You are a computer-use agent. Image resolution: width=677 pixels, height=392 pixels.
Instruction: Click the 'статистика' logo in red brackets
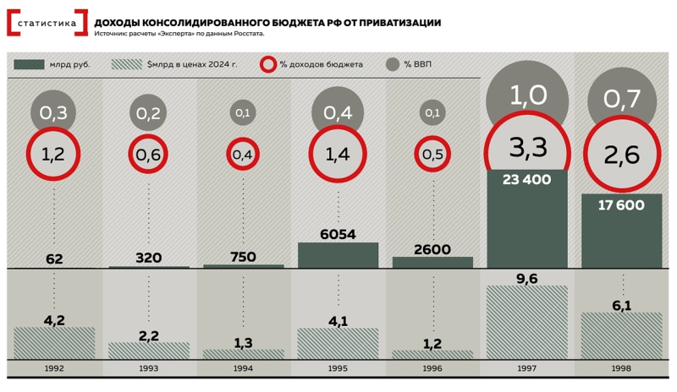click(47, 23)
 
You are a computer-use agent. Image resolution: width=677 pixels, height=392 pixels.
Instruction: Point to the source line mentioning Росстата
click(180, 34)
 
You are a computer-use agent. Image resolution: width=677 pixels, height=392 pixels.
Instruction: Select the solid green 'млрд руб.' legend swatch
click(30, 64)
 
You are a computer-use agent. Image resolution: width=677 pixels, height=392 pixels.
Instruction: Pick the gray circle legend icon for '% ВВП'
click(392, 64)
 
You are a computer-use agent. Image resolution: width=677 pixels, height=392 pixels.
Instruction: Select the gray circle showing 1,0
click(526, 95)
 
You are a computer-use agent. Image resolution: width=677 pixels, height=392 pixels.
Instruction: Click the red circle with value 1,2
click(54, 154)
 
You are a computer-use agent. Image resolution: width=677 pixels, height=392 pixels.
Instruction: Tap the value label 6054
click(338, 234)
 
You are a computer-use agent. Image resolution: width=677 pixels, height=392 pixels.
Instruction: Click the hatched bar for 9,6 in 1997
click(526, 321)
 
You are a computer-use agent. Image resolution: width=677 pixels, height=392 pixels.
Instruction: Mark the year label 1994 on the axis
click(243, 369)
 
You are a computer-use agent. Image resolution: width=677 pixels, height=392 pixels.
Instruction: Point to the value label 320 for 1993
click(148, 258)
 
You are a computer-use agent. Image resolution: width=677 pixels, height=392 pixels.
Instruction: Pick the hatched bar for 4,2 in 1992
click(54, 342)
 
